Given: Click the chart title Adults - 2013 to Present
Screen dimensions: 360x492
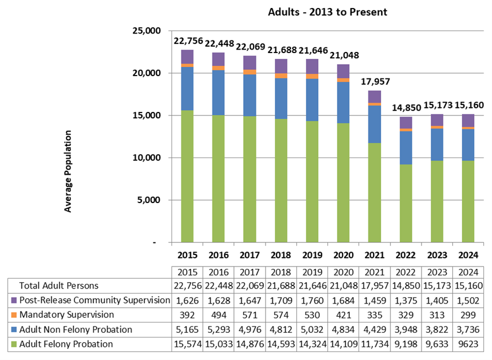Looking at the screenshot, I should pos(327,12).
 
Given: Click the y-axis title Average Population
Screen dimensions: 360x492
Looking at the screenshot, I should pos(68,171).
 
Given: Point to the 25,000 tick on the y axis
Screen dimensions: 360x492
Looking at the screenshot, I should pos(146,31).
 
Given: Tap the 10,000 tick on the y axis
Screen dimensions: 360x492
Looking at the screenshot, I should pos(146,157).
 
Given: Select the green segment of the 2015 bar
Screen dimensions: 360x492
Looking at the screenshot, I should pos(187,173).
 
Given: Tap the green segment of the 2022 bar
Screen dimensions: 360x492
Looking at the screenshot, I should pos(405,202).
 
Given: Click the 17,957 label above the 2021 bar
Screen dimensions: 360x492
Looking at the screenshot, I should pos(374,81).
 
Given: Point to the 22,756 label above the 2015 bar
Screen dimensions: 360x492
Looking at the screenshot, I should pos(187,40).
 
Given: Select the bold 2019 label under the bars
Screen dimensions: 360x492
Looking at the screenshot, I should pos(312,254).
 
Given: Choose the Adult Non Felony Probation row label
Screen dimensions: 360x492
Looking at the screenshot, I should pos(76,329).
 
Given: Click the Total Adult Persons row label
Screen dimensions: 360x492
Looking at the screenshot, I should pos(59,286).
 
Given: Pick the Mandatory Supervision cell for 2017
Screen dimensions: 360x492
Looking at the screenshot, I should pos(249,315).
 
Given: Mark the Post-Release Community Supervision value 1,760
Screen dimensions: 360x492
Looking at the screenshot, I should pos(312,301).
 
